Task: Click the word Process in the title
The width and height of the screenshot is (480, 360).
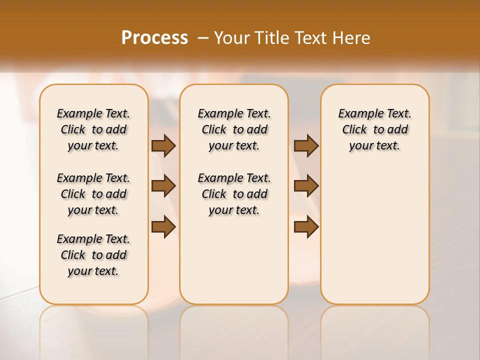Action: [154, 37]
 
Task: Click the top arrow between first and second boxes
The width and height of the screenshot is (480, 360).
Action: [163, 146]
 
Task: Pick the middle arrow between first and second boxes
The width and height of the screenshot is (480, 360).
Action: [163, 186]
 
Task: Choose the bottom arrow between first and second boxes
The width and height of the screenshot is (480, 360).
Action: [163, 227]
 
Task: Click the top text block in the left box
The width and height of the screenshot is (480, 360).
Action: [93, 129]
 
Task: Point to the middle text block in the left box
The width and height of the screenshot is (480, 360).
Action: [93, 194]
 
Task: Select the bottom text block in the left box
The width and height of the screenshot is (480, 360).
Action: [93, 255]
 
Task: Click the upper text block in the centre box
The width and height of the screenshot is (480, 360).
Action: [234, 129]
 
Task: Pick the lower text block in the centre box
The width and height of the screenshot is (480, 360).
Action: [234, 194]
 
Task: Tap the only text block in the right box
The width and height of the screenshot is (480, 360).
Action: [374, 129]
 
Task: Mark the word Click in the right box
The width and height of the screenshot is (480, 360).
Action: [354, 130]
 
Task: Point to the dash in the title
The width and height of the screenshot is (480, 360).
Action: [203, 38]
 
